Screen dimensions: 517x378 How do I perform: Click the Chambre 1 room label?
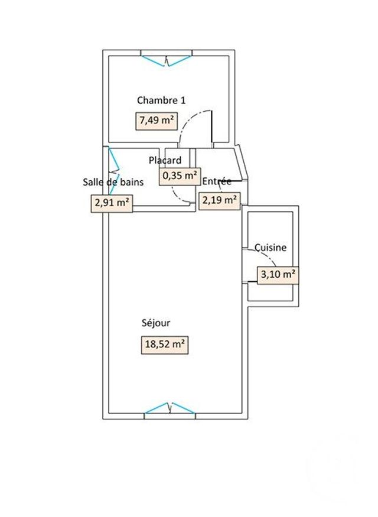click(161, 100)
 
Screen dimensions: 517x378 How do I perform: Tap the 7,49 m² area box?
click(157, 121)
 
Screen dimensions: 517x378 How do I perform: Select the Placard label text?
click(165, 160)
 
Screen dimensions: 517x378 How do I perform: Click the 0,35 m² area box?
click(179, 175)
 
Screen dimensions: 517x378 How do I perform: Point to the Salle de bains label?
click(113, 182)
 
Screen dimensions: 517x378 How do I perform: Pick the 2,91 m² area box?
click(110, 203)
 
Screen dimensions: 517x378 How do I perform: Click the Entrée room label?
click(217, 181)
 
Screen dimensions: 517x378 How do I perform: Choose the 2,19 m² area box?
click(220, 201)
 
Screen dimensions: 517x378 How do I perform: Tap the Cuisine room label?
click(271, 248)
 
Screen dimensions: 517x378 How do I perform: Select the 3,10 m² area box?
click(277, 274)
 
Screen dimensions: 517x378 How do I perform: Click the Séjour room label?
click(156, 323)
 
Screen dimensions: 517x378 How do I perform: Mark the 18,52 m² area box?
click(165, 344)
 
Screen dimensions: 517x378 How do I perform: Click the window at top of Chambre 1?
click(167, 60)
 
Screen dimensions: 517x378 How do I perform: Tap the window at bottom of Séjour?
click(170, 408)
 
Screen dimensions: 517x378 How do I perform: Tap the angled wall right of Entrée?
click(241, 162)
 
